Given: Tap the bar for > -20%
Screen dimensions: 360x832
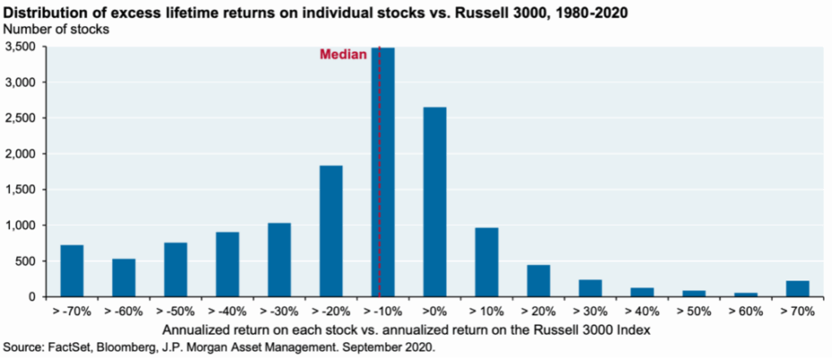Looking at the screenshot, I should (330, 231).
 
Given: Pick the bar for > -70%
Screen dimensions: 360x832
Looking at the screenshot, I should (72, 270).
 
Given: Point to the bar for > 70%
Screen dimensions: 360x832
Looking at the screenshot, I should (797, 288).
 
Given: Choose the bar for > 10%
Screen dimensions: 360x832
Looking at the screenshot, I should (486, 261).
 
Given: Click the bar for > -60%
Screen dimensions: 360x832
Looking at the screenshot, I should (124, 279).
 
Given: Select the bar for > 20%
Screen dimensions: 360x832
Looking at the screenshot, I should (538, 280).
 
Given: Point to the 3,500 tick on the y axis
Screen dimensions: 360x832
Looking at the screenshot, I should (21, 47).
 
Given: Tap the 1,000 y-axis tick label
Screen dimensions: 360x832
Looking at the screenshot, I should (21, 226).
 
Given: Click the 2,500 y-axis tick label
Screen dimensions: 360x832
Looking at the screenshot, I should (21, 118).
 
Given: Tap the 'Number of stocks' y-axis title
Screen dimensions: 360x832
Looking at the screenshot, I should (57, 29).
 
